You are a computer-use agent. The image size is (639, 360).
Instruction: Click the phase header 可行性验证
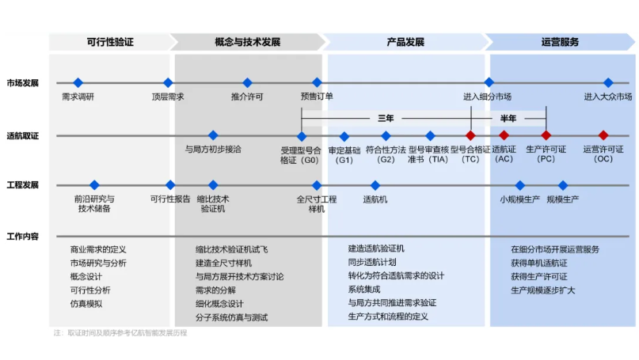point(109,42)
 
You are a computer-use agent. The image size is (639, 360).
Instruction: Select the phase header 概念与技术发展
point(247,42)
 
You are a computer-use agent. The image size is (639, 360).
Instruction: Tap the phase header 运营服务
point(560,42)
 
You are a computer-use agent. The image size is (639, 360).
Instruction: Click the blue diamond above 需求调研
point(78,82)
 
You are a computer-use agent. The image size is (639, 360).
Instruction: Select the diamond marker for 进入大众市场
point(608,82)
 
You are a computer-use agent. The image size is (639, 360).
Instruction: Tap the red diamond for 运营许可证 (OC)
point(603,135)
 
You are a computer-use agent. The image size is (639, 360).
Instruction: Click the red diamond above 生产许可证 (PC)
point(546,135)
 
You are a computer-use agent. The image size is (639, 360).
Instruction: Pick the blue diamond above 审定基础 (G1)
point(344,135)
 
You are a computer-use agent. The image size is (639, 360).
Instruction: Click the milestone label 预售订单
point(317,97)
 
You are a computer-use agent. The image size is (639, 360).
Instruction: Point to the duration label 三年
point(386,118)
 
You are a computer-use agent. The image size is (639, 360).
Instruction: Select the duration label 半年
point(508,118)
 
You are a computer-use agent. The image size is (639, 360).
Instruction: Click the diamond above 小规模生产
point(520,185)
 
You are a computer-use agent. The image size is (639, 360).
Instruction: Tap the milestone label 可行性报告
point(170,199)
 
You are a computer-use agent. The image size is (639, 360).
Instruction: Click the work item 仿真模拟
point(86,303)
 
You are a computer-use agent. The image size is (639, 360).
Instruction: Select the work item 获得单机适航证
point(539,263)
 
